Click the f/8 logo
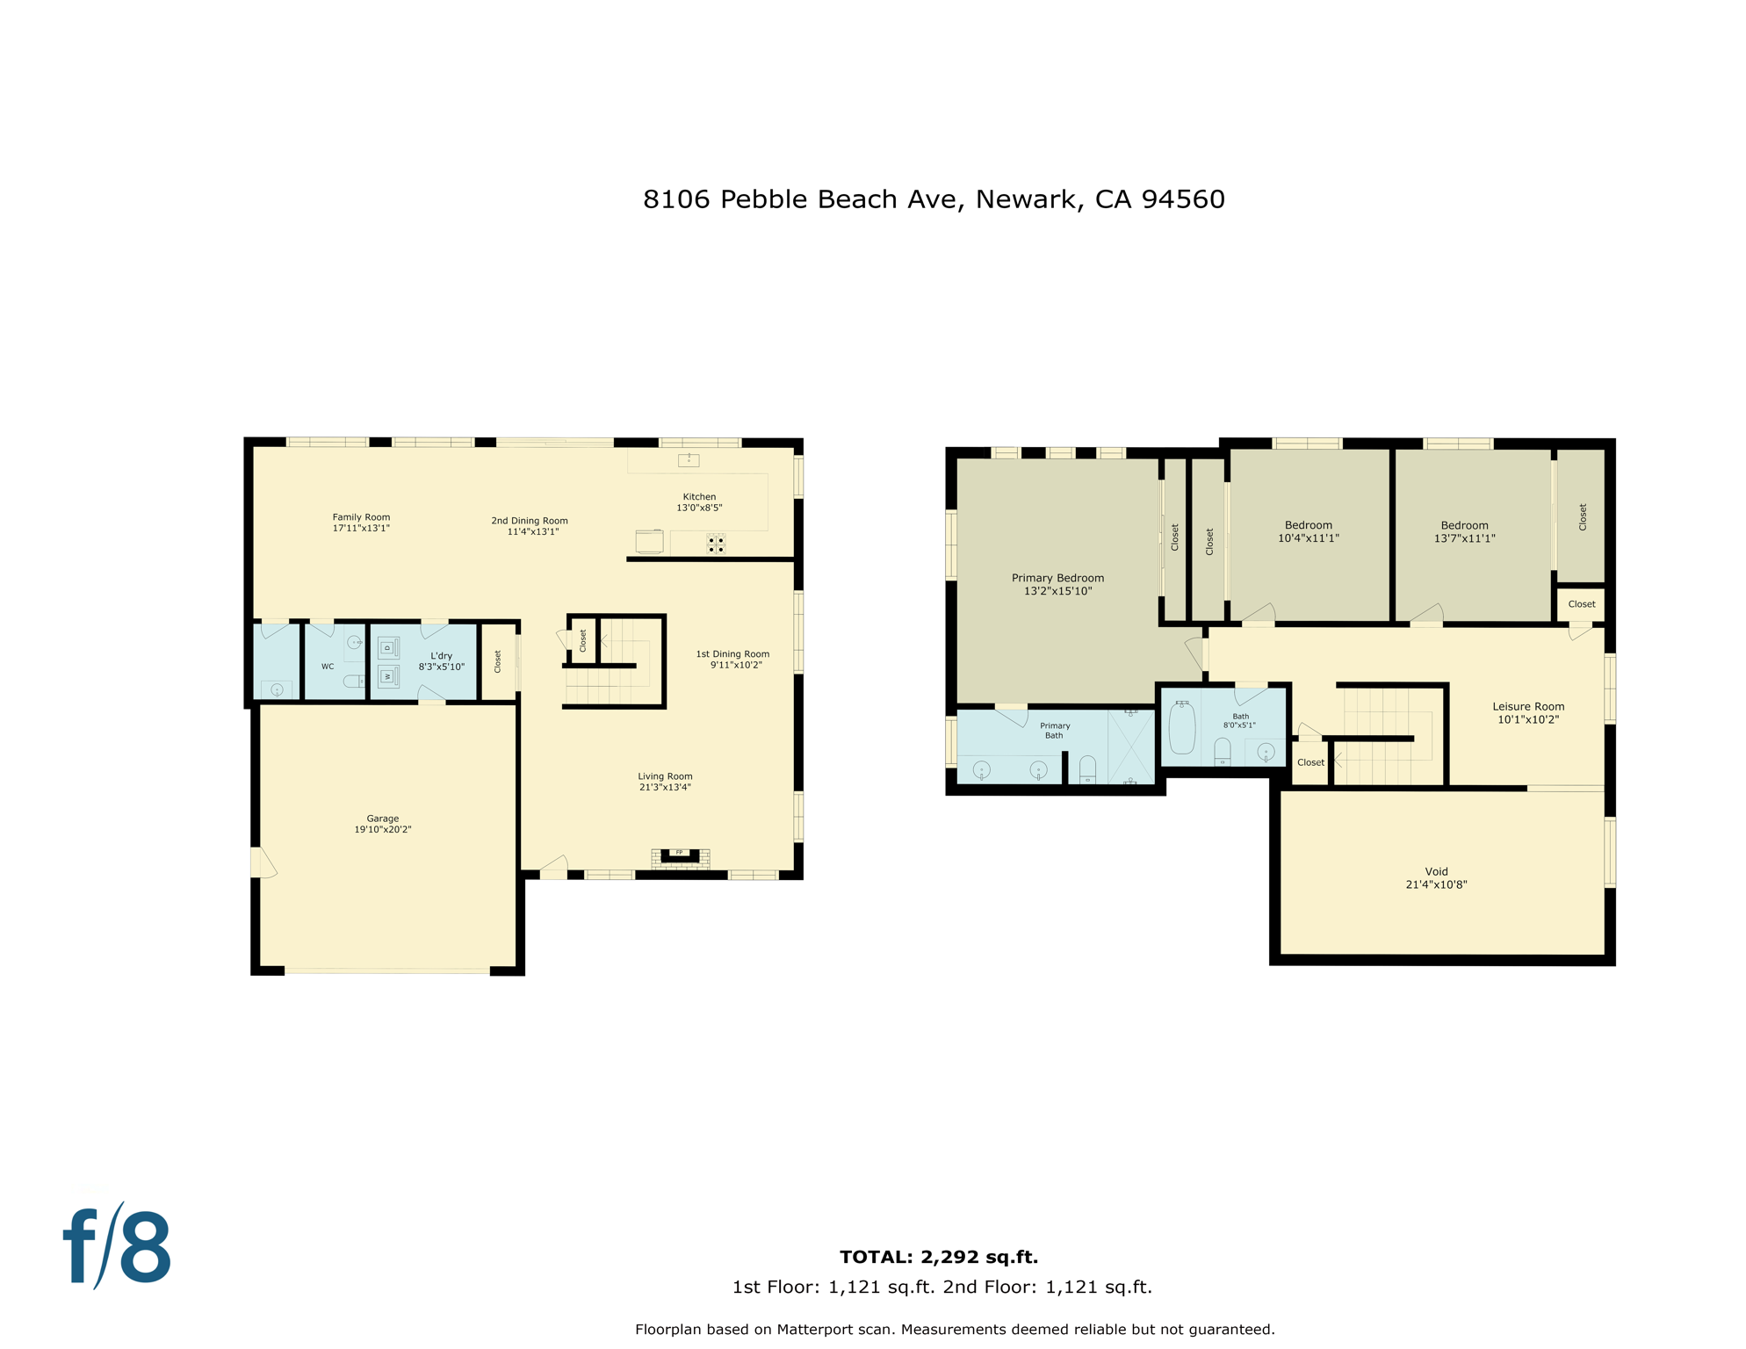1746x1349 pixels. [x=117, y=1245]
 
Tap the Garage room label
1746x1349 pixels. [x=382, y=819]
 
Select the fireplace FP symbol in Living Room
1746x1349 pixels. [x=679, y=853]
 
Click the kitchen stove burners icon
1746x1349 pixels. [x=716, y=545]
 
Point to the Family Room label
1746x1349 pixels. [x=361, y=517]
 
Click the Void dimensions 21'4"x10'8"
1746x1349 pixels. [x=1436, y=884]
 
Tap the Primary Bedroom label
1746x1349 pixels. [x=1057, y=578]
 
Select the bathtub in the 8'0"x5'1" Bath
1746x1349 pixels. [x=1181, y=729]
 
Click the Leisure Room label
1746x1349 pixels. [x=1528, y=706]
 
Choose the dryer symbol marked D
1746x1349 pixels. [x=388, y=648]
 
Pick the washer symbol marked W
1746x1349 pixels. [x=388, y=676]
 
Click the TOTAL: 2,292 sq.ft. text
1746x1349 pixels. [x=938, y=1257]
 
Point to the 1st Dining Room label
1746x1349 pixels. [x=732, y=654]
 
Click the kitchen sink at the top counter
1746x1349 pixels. [x=689, y=459]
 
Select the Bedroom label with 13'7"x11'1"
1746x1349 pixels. [x=1464, y=525]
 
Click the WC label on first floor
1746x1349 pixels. [x=328, y=667]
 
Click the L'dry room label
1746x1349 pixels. [x=441, y=656]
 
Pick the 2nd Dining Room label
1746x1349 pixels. [x=530, y=521]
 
